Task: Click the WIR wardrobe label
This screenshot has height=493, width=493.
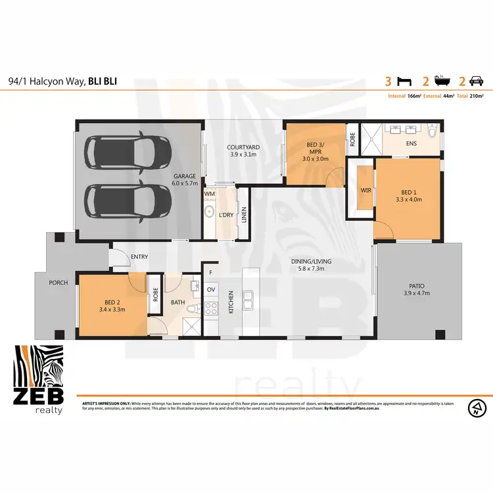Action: click(365, 191)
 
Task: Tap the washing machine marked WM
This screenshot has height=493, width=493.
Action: click(210, 195)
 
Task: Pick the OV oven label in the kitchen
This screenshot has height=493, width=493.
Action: click(211, 290)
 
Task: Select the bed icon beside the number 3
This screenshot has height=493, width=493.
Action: click(404, 82)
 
